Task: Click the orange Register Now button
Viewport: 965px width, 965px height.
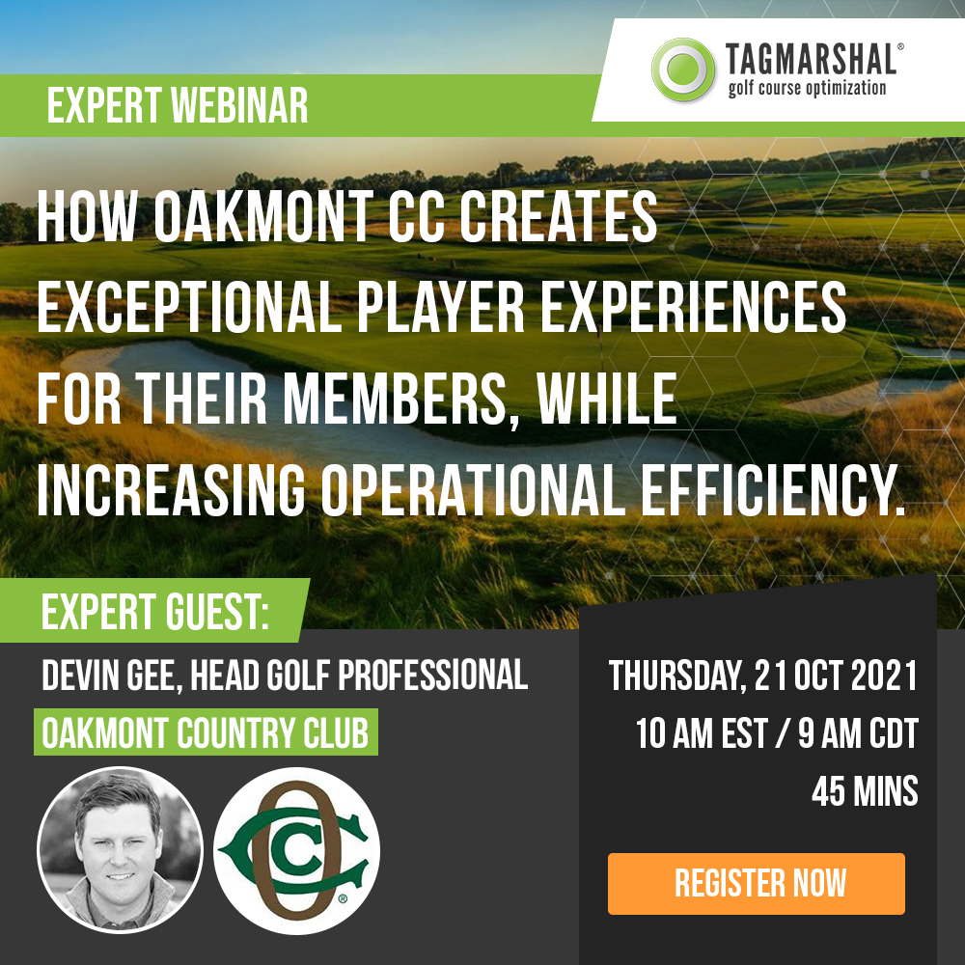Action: (x=757, y=883)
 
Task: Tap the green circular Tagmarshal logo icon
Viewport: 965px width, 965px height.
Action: (x=683, y=69)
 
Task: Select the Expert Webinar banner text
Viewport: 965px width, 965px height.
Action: (x=178, y=105)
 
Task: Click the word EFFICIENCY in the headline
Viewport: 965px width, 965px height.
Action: (x=774, y=490)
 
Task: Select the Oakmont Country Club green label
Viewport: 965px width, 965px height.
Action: (x=206, y=732)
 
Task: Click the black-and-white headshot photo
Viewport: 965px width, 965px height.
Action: (x=120, y=849)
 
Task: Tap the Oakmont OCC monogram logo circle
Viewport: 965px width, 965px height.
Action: (x=296, y=850)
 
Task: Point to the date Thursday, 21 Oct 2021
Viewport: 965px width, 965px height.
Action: (x=763, y=675)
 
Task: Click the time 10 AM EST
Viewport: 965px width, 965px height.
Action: (x=701, y=733)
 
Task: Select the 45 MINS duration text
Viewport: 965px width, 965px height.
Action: (x=865, y=791)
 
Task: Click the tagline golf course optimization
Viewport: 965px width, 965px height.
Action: (x=807, y=88)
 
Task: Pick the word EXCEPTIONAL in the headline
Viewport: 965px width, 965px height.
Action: (x=188, y=308)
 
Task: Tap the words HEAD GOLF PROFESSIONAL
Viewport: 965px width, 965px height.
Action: (x=359, y=675)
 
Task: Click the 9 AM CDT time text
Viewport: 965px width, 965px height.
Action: (x=858, y=733)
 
